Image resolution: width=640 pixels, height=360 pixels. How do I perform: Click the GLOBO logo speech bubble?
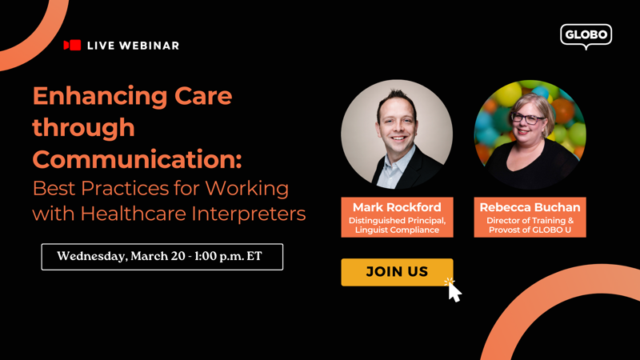pos(586,36)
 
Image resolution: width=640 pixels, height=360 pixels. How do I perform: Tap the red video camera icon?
pos(72,45)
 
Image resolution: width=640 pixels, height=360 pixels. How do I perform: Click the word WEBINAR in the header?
pos(150,46)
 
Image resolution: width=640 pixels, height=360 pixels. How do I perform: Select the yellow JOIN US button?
pos(397,272)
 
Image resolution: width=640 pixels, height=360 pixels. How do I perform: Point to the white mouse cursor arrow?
pos(454,292)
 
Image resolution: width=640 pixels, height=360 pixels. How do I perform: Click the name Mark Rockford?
pos(397,207)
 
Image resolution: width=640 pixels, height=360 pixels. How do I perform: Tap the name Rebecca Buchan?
pos(530,207)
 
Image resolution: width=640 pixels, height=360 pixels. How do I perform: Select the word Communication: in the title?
pos(137,159)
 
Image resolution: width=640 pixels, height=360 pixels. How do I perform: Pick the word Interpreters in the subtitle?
pos(249,214)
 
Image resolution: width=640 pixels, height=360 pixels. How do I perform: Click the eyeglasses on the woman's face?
pos(528,118)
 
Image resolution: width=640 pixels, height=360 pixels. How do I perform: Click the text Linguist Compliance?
pos(397,230)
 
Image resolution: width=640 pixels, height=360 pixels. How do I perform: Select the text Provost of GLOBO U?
pos(530,230)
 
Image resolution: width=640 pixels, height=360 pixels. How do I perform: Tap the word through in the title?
pos(84,128)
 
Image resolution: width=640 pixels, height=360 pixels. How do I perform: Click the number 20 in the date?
pos(178,256)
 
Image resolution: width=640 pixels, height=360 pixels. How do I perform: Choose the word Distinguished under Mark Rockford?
pos(375,221)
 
